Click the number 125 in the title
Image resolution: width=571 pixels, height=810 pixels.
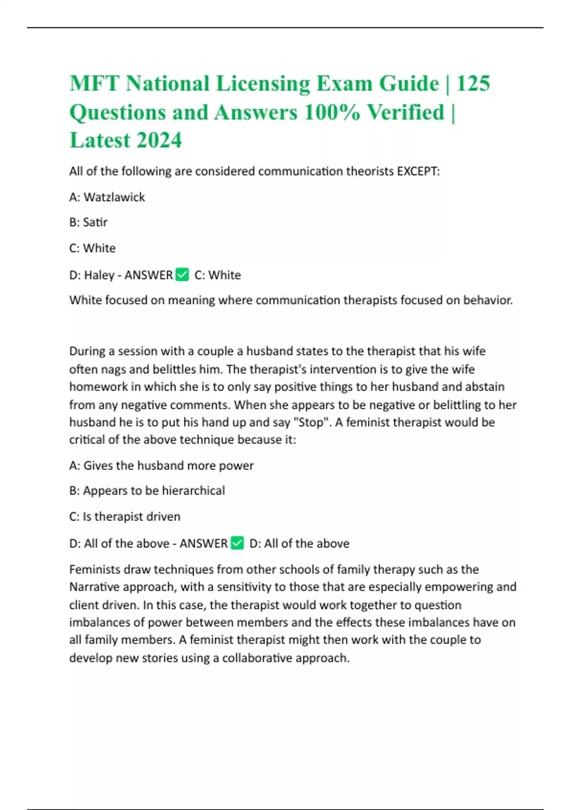(473, 84)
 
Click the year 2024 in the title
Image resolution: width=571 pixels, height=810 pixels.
(159, 141)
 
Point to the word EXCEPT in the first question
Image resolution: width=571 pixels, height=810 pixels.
(417, 171)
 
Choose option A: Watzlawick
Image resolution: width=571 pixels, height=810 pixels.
(107, 197)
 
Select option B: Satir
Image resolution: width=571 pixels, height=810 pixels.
(89, 223)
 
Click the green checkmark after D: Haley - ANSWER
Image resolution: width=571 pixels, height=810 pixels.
(182, 275)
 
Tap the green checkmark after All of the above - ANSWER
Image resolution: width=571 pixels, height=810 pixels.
(237, 543)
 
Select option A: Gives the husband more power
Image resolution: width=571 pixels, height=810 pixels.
(161, 466)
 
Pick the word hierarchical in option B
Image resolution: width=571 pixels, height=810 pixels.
(193, 491)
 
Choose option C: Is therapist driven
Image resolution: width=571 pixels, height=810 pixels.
(125, 516)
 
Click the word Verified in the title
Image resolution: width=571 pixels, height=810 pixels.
(405, 112)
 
